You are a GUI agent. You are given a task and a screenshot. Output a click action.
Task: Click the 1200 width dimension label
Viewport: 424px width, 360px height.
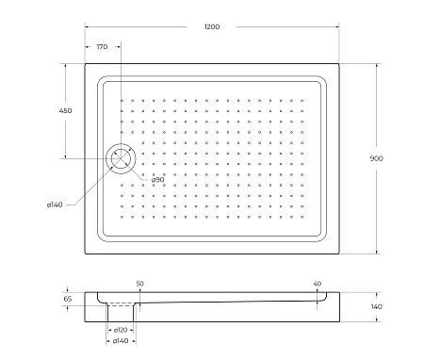point(211,26)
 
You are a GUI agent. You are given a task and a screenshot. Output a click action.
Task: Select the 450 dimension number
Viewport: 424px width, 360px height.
point(65,111)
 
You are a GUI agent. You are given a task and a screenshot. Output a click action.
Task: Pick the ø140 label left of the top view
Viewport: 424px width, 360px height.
point(54,204)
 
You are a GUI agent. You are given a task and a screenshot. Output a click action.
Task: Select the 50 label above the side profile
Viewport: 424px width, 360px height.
point(139,284)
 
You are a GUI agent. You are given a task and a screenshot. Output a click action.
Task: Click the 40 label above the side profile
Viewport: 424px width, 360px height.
point(317,284)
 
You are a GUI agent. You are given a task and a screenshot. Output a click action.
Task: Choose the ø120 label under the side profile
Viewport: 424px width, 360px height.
point(121,330)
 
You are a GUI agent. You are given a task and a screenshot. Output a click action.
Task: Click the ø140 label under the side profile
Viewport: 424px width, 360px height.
point(121,340)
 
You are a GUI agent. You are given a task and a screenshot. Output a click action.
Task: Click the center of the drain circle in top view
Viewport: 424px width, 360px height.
point(122,159)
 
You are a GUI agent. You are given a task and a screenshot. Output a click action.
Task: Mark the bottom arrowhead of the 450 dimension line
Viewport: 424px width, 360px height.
point(65,157)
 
